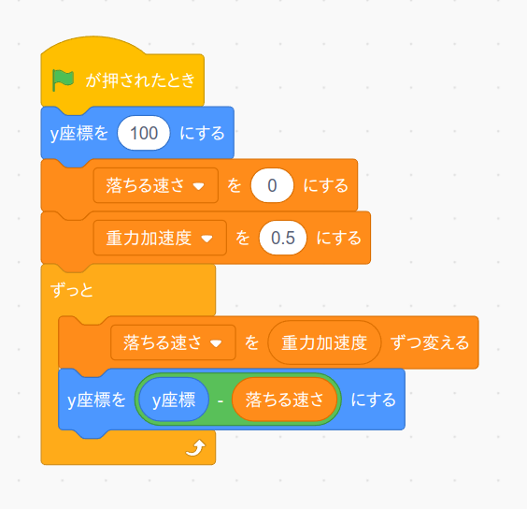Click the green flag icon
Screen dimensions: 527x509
(63, 80)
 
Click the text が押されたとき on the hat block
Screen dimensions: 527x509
(140, 80)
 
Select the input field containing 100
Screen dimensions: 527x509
(144, 133)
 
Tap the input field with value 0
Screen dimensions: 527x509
(272, 185)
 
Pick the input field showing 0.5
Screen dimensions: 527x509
(283, 238)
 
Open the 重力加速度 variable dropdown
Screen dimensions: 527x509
(160, 238)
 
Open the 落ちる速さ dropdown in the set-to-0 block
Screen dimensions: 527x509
(156, 185)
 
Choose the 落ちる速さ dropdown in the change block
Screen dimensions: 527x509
(173, 342)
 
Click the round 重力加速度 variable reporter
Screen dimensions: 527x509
(324, 342)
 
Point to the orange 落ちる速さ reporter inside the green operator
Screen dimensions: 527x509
(284, 400)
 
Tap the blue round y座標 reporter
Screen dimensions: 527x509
(174, 400)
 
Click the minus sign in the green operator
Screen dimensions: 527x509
(221, 400)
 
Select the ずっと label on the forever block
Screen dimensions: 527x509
(71, 290)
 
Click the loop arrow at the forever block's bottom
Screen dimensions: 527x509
(196, 448)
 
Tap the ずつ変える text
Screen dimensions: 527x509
(430, 342)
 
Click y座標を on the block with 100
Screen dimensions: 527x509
(79, 133)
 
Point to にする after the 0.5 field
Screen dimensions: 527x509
(339, 238)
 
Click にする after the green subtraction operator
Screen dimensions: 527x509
(374, 400)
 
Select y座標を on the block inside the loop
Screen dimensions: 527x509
(97, 400)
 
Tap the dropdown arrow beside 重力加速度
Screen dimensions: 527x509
(207, 239)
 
